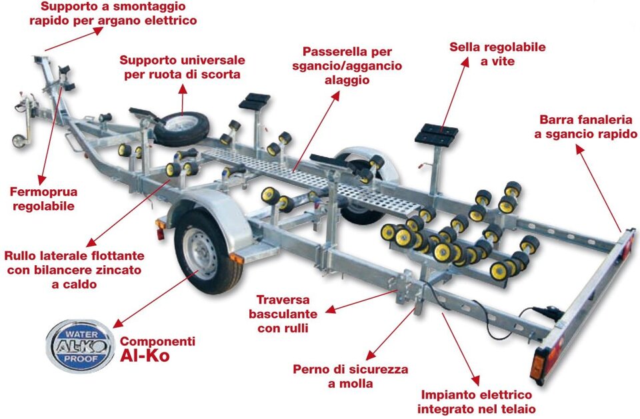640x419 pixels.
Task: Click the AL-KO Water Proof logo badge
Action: (81, 344)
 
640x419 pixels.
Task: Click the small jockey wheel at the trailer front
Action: (20, 141)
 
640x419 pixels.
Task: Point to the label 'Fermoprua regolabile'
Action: (43, 199)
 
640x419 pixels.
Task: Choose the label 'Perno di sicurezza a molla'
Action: (350, 376)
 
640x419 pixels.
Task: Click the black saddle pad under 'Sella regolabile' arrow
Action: (435, 133)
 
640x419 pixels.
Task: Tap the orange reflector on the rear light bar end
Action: (537, 365)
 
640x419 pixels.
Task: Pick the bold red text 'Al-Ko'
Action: (145, 355)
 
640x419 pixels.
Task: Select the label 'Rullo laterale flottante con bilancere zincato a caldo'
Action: (73, 270)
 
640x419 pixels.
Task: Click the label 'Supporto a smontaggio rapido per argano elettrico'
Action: (113, 13)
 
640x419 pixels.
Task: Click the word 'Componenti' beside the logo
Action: (157, 341)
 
